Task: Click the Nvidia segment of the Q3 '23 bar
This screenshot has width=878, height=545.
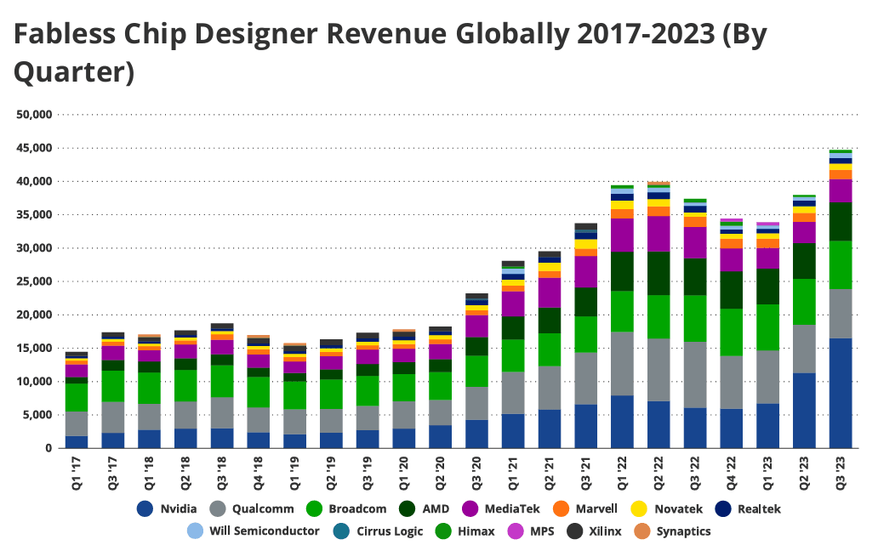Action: point(841,393)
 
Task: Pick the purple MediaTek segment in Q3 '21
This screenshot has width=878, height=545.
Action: point(586,272)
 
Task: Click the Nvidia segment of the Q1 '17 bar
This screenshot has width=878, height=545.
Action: point(77,442)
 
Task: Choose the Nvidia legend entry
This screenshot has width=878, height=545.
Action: point(167,509)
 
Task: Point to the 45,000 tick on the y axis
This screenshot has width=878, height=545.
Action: point(33,148)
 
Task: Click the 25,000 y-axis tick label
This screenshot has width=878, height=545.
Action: point(33,281)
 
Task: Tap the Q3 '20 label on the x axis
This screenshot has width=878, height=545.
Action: point(477,470)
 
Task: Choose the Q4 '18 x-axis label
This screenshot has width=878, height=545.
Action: point(259,470)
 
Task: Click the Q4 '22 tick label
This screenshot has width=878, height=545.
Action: point(732,470)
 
